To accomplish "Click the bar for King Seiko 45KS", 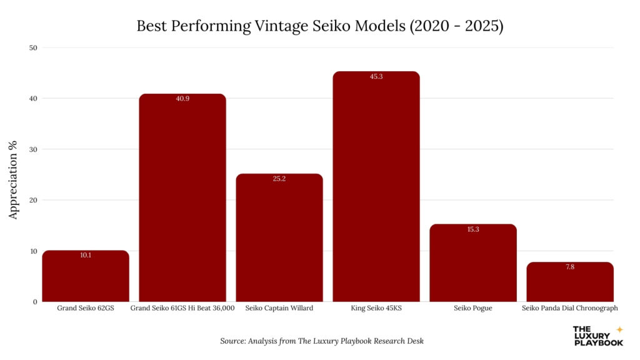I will tap(376, 187).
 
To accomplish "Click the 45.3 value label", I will tap(376, 76).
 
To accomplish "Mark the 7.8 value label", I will tap(570, 267).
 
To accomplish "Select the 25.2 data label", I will tap(279, 179).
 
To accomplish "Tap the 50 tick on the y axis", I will tap(33, 47).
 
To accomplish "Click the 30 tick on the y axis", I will tap(33, 149).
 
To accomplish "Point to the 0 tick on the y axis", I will tap(35, 302).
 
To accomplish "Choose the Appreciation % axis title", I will tap(14, 174).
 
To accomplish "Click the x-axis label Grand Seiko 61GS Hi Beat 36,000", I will tap(182, 308).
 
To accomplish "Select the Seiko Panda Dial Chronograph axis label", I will tap(570, 308).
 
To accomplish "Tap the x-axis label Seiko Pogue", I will tap(473, 308).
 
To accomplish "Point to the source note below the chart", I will tap(322, 341).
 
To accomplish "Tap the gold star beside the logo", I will tap(619, 329).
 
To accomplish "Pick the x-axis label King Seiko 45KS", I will tap(376, 308).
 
